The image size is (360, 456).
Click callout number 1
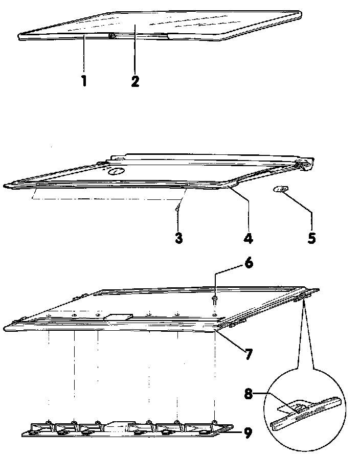(x=84, y=81)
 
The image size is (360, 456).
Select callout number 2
(x=134, y=81)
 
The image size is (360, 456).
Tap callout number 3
(x=178, y=238)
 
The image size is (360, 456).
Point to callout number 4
(x=249, y=238)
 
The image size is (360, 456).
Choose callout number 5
(x=311, y=238)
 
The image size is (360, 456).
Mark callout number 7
(x=248, y=354)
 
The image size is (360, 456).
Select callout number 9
(x=247, y=433)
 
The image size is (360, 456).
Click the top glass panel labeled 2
(x=169, y=23)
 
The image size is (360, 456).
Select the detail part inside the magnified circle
(x=297, y=411)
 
